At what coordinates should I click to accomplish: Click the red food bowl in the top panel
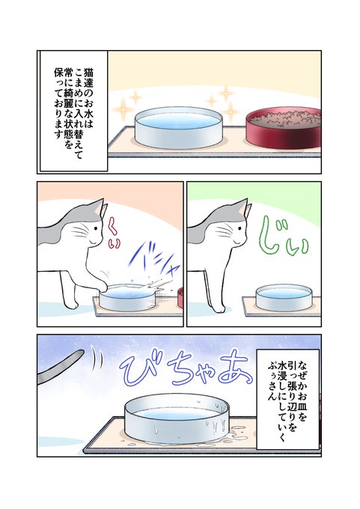(x=284, y=127)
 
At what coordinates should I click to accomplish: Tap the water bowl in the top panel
(x=178, y=127)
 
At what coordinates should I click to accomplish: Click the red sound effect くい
(x=114, y=233)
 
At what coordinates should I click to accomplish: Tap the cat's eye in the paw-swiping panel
(x=96, y=228)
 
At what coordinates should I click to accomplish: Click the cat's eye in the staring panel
(x=240, y=228)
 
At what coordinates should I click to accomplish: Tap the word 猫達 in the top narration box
(x=88, y=79)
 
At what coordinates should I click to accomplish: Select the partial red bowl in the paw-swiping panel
(x=180, y=298)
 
